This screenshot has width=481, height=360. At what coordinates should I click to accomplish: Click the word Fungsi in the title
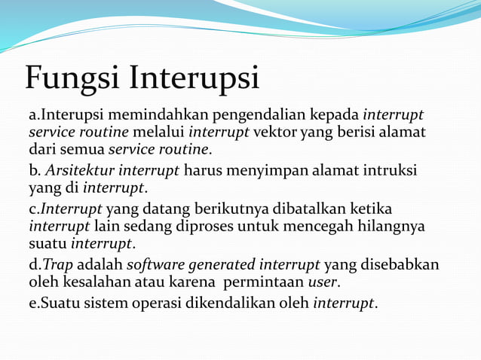[x=72, y=79]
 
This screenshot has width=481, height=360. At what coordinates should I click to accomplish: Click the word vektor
[x=275, y=133]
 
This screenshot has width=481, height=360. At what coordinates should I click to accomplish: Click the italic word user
[x=323, y=283]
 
